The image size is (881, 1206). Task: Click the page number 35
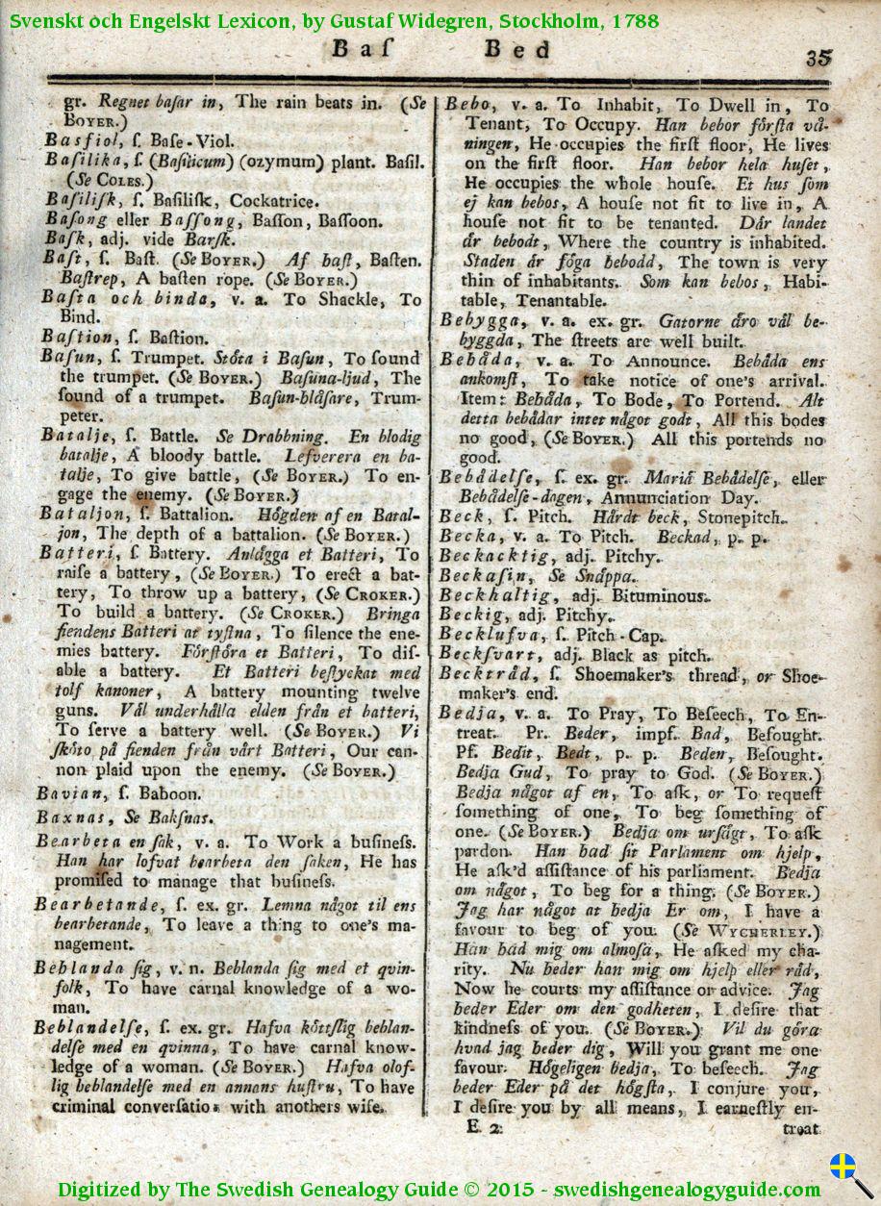[818, 57]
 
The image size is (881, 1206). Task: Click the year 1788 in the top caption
[637, 20]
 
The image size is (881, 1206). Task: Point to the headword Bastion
[72, 338]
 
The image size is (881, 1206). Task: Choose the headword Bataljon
[79, 515]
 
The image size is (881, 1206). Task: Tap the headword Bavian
[65, 793]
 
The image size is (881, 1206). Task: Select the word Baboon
[170, 794]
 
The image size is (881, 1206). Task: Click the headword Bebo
[469, 104]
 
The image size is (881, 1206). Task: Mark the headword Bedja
[467, 714]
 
